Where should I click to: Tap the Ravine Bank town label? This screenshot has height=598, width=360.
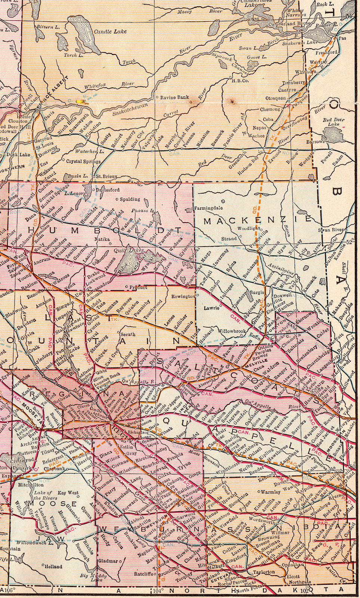174,98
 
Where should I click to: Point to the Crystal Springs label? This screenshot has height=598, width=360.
83,162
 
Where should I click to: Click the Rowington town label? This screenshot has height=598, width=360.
183,296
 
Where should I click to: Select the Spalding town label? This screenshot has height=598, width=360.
130,199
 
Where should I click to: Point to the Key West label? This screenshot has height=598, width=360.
68,493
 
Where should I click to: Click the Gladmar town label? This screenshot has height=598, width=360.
108,561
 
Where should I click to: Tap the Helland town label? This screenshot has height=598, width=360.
53,566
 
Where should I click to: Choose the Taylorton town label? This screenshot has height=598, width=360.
264,572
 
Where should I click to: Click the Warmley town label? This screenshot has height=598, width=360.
271,492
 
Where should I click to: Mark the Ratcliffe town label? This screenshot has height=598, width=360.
144,574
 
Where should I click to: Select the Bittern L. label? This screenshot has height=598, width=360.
47,27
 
